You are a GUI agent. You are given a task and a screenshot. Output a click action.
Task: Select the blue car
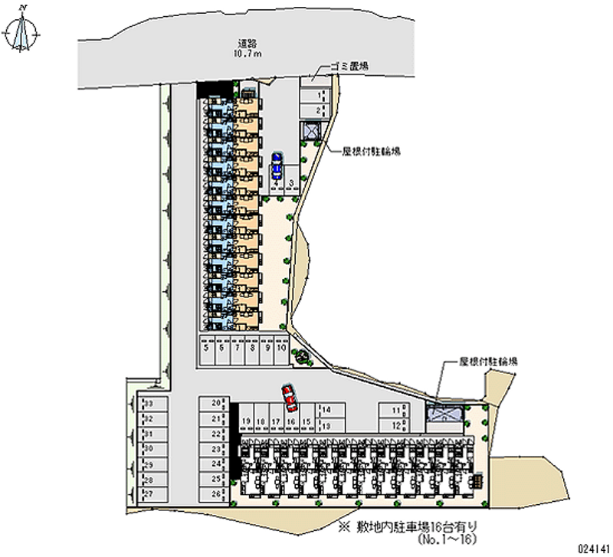click(276, 164)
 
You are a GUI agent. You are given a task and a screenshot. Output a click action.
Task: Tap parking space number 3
click(292, 182)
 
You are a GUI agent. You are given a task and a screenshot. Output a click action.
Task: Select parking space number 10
click(281, 349)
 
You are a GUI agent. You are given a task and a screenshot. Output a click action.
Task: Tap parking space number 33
click(147, 403)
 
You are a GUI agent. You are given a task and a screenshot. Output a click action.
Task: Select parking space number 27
click(147, 494)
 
